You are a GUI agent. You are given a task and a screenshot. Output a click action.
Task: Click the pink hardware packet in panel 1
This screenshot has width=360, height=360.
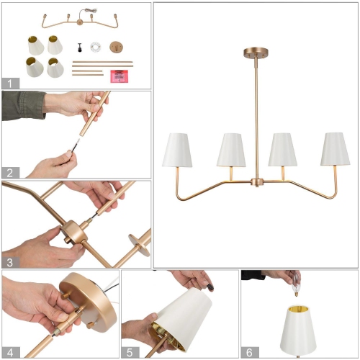pos(119,76)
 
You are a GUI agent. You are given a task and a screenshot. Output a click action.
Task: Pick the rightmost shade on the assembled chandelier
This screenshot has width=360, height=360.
pos(335,148)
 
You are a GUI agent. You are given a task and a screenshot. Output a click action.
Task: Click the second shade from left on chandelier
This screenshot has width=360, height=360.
pos(230,148)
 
